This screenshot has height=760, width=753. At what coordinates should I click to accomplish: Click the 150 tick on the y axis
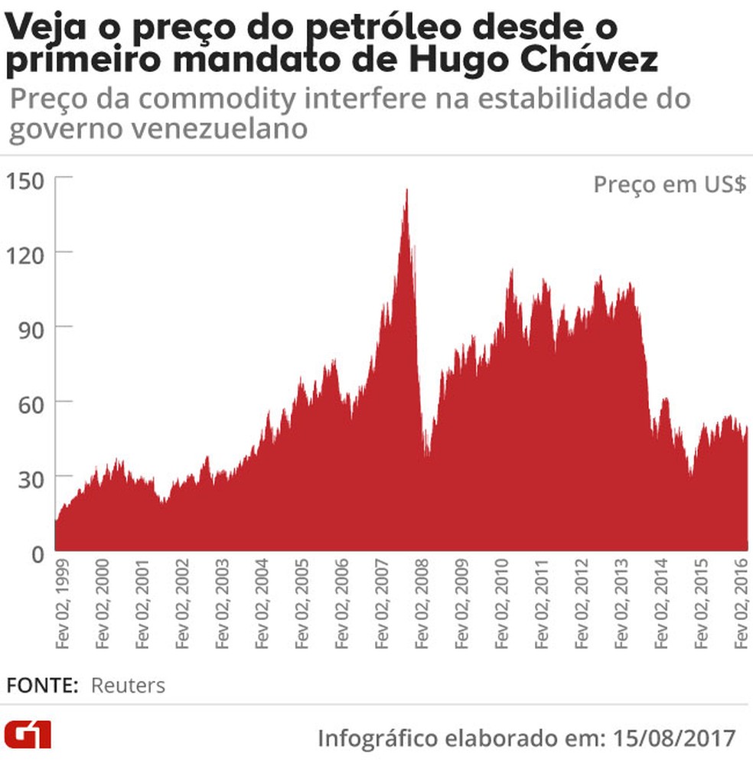pyautogui.click(x=26, y=180)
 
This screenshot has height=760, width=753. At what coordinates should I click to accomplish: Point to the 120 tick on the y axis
pyautogui.click(x=26, y=253)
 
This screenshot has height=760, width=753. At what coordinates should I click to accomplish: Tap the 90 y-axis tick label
pyautogui.click(x=31, y=327)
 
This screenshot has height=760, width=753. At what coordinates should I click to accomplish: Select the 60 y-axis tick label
pyautogui.click(x=31, y=402)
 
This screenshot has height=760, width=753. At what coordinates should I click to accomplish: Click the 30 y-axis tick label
pyautogui.click(x=31, y=477)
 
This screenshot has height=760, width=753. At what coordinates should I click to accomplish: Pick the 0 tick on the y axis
pyautogui.click(x=37, y=552)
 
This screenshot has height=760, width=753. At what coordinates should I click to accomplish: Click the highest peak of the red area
pyautogui.click(x=406, y=191)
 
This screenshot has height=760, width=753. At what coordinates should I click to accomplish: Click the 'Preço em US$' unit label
pyautogui.click(x=670, y=185)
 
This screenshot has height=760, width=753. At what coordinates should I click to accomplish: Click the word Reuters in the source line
pyautogui.click(x=128, y=685)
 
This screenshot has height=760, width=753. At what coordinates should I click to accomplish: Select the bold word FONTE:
pyautogui.click(x=43, y=685)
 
